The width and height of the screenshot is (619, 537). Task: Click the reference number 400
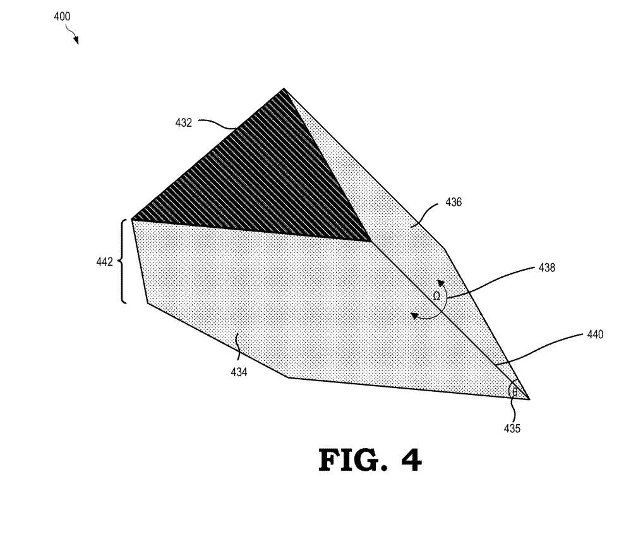(x=62, y=16)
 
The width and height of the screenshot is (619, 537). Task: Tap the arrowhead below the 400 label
(x=76, y=40)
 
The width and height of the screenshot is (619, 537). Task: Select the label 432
(x=184, y=123)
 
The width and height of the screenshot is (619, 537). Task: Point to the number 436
(x=454, y=203)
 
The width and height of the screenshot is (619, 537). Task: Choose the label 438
(x=547, y=268)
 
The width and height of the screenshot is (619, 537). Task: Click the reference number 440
(x=595, y=334)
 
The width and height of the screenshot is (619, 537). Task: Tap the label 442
(x=105, y=262)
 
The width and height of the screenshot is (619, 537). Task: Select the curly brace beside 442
(x=123, y=261)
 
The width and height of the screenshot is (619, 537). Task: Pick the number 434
(x=239, y=372)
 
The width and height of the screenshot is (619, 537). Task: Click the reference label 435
(x=512, y=428)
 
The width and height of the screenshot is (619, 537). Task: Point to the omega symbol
(x=436, y=296)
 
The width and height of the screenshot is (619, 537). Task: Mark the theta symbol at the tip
(x=515, y=392)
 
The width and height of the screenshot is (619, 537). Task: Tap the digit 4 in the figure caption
(x=412, y=460)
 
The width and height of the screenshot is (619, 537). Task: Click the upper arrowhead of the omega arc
(x=441, y=283)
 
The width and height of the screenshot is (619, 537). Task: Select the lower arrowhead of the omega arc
(x=415, y=316)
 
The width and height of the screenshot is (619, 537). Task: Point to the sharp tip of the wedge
(x=529, y=399)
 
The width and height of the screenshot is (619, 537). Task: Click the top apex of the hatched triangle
(x=284, y=90)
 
